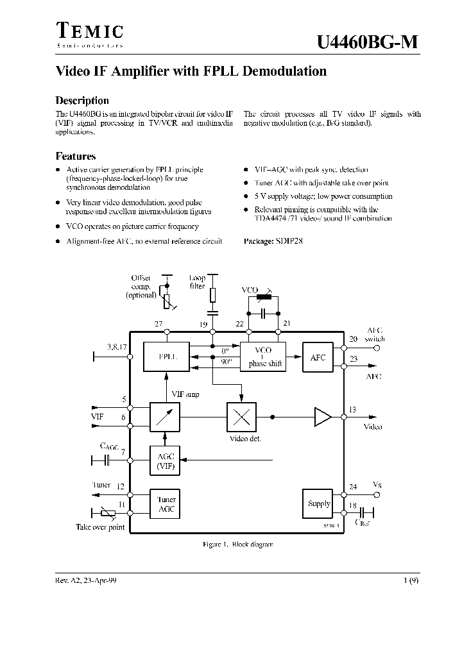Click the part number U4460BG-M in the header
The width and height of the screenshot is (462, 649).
click(x=368, y=42)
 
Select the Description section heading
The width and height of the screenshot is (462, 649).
click(x=82, y=101)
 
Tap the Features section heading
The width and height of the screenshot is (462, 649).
click(x=76, y=156)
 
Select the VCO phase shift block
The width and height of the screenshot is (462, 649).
click(x=262, y=357)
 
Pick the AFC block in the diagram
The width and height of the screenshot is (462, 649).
click(x=318, y=357)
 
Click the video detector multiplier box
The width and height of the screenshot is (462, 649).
click(x=241, y=417)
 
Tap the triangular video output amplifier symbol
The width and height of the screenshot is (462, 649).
click(x=322, y=417)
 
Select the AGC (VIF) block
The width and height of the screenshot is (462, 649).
click(x=166, y=461)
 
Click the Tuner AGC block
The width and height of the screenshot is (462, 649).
click(x=166, y=504)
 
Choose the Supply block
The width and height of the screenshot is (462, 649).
click(x=319, y=503)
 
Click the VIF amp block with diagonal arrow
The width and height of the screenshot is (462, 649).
click(x=166, y=417)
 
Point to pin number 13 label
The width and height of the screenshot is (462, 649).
click(x=352, y=410)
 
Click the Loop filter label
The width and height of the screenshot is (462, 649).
click(x=198, y=283)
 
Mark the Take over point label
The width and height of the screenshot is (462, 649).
click(x=101, y=527)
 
